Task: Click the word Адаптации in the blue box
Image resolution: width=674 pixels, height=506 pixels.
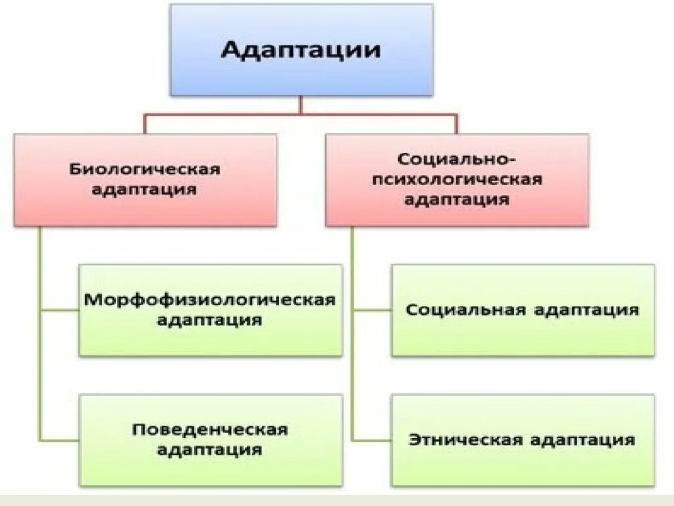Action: [301, 51]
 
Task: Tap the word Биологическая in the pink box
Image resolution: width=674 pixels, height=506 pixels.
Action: [145, 169]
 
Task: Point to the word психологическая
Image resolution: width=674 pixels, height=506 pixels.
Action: [457, 179]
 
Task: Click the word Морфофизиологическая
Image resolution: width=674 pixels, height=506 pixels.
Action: [210, 300]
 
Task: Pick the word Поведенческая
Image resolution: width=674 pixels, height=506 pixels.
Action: [210, 430]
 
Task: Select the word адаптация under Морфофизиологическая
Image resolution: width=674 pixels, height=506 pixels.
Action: [210, 321]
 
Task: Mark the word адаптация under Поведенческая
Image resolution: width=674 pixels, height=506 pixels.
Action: [210, 451]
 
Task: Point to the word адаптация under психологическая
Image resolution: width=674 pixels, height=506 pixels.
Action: [457, 199]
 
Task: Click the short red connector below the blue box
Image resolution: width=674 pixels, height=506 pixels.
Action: [301, 105]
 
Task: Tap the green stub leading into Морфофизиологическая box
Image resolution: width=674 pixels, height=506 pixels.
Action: [59, 310]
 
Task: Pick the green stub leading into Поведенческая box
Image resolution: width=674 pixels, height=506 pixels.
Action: [59, 439]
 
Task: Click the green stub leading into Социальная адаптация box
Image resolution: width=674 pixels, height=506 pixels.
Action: [372, 310]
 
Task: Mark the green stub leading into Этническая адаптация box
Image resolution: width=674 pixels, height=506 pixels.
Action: [372, 439]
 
